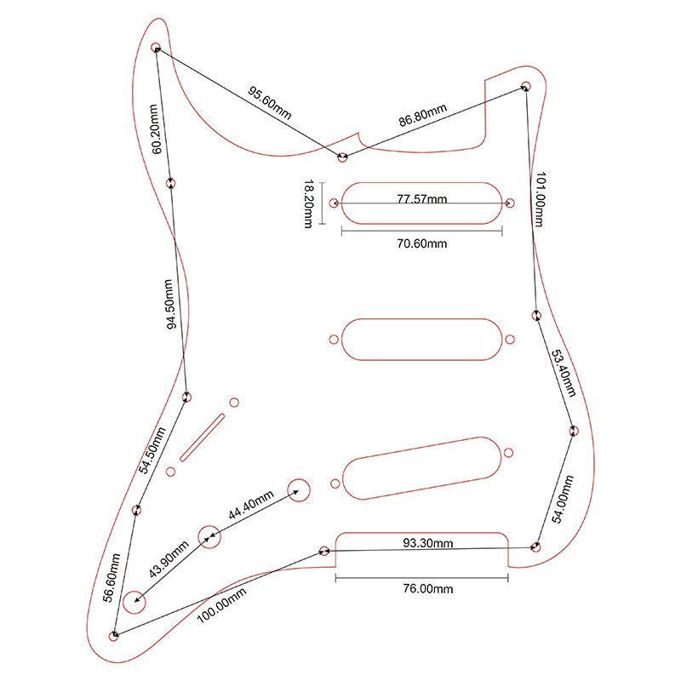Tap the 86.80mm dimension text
[423, 117]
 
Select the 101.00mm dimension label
[539, 199]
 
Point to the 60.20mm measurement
[155, 129]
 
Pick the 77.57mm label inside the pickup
[422, 199]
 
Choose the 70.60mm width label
[422, 243]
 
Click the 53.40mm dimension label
[563, 373]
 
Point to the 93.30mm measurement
[427, 542]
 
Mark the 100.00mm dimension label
[223, 606]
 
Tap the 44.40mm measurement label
[250, 506]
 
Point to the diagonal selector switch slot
[202, 436]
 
